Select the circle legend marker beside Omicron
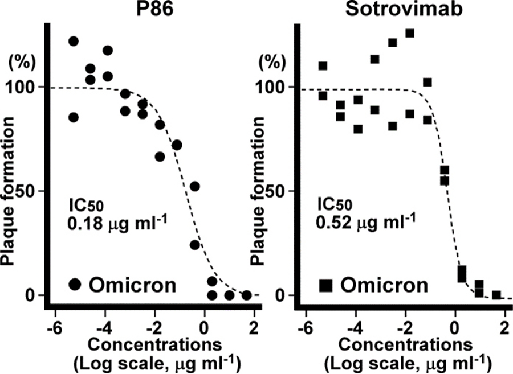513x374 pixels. (x=74, y=283)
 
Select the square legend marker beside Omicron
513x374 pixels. (x=325, y=283)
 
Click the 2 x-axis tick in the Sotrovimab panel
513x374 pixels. (x=504, y=328)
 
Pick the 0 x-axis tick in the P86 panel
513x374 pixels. (x=204, y=328)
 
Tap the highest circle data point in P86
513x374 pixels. (x=73, y=41)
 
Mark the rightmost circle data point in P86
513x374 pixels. (x=246, y=295)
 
